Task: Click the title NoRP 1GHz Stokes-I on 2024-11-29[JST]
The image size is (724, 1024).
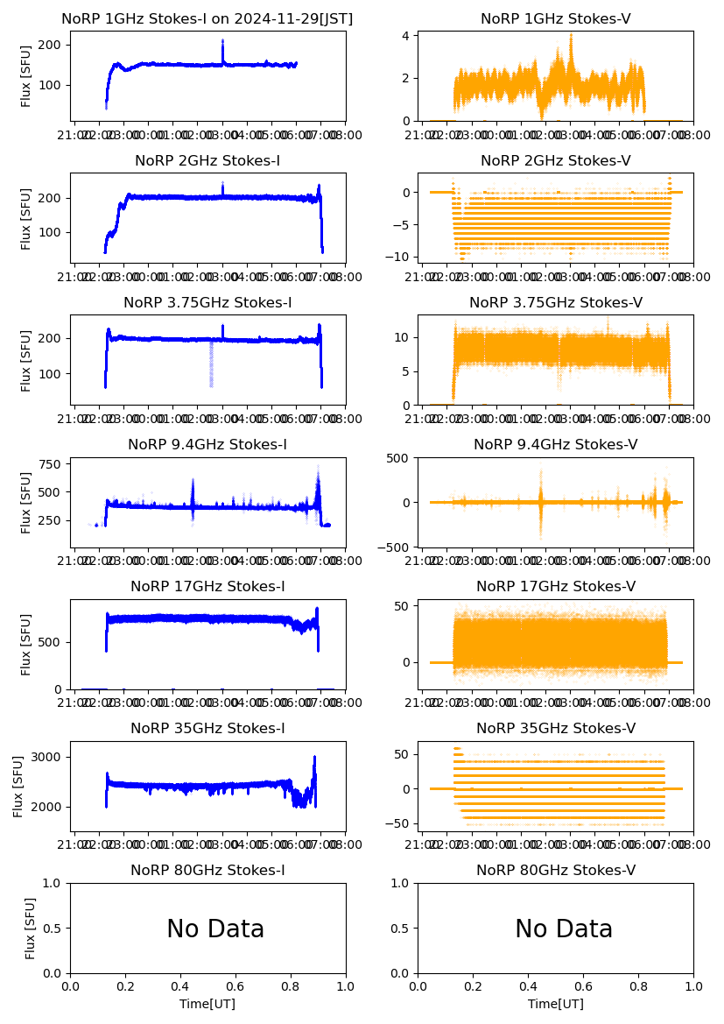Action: click(207, 19)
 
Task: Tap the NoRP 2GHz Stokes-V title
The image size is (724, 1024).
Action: click(555, 161)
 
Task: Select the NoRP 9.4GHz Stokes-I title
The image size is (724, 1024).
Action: click(207, 445)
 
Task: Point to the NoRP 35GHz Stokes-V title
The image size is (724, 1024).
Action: click(555, 729)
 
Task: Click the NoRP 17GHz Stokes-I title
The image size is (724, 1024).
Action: click(207, 587)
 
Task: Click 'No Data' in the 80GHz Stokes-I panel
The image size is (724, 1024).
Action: click(215, 929)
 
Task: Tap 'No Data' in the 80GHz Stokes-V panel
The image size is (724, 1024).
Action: click(564, 929)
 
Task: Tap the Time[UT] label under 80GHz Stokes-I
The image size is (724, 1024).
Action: click(207, 1004)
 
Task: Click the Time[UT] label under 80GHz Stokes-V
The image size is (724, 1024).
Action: click(555, 1004)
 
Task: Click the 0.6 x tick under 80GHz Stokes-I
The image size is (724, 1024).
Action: click(235, 985)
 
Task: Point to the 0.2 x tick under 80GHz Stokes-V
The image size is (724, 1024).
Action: click(474, 985)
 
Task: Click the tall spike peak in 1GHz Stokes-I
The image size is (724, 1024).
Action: click(222, 40)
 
